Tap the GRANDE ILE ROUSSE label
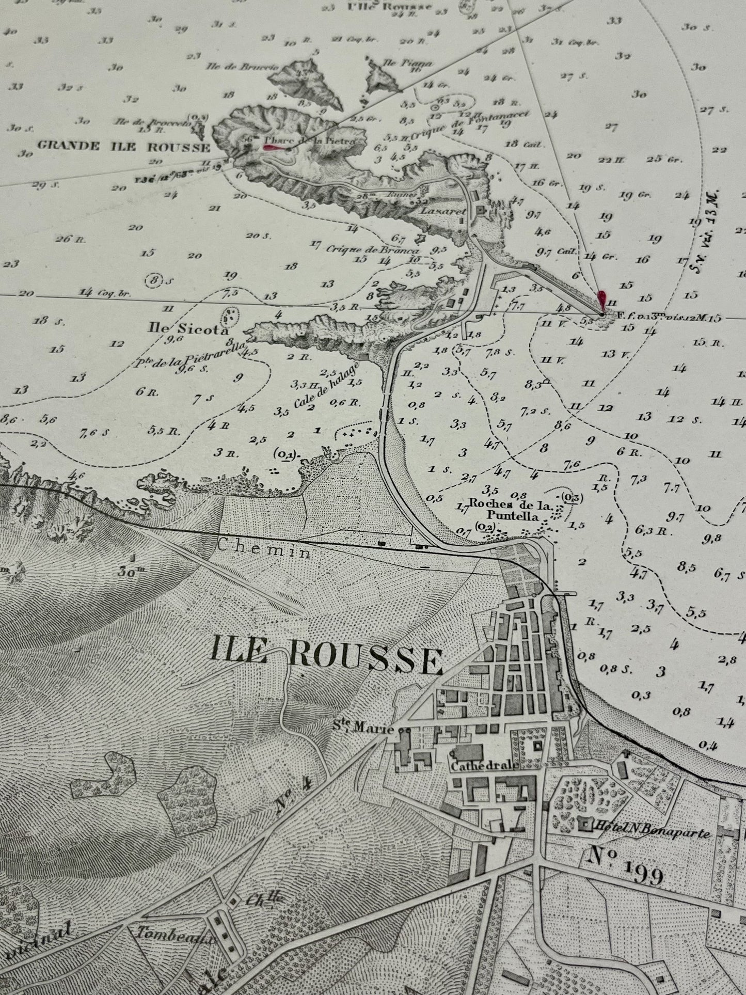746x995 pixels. pyautogui.click(x=123, y=147)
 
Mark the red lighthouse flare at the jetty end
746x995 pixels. pyautogui.click(x=601, y=300)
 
